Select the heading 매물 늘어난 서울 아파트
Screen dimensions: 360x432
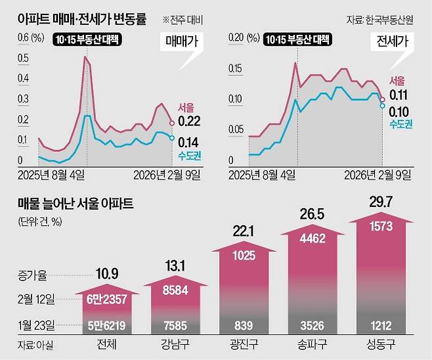pos(76,204)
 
